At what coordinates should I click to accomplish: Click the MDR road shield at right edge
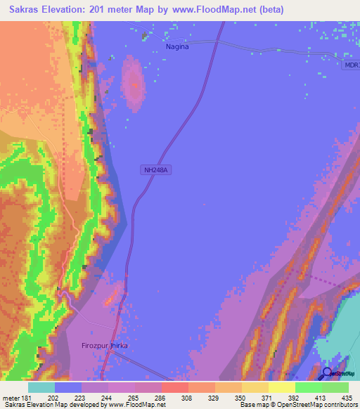click(x=352, y=65)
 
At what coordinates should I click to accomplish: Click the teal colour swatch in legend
click(x=41, y=387)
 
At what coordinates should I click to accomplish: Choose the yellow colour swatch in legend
click(x=281, y=387)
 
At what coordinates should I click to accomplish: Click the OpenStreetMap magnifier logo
click(x=327, y=373)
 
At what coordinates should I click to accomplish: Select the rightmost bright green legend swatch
click(x=335, y=387)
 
